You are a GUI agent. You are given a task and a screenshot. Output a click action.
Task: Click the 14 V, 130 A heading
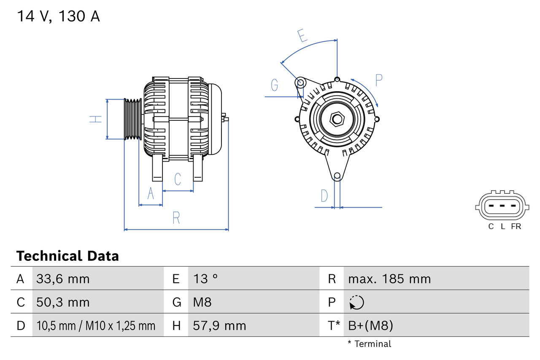(58, 16)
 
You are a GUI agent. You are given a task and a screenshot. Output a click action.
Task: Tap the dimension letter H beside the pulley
(96, 119)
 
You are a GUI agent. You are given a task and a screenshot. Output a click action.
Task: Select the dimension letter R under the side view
(176, 218)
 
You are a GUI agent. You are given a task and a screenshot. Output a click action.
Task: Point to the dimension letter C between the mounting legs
(178, 179)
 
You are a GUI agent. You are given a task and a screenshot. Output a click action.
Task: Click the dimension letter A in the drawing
(151, 194)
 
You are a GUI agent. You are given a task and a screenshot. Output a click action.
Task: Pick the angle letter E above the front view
(302, 35)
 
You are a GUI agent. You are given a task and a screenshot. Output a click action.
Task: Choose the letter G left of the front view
(275, 85)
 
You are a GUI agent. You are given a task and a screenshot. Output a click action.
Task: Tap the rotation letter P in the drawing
(378, 80)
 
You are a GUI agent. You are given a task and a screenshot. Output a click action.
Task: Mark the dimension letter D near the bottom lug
(324, 196)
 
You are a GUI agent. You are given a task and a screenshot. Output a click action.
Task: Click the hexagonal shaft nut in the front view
(337, 119)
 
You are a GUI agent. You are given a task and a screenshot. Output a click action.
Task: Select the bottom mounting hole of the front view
(337, 176)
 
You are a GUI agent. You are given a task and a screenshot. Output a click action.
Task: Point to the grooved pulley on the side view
(132, 119)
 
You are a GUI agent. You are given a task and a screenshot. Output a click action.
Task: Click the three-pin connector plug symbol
(501, 207)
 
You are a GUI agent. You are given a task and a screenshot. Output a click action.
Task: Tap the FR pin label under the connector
(516, 227)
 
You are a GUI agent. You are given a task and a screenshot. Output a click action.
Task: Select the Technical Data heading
(67, 256)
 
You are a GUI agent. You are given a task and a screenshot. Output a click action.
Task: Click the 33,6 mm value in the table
(63, 279)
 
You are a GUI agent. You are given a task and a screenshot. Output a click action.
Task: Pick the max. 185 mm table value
(389, 279)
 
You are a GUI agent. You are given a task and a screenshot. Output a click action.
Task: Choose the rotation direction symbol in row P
(356, 302)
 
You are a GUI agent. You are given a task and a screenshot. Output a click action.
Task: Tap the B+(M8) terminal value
(370, 325)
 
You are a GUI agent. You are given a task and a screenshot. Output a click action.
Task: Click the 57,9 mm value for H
(219, 325)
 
